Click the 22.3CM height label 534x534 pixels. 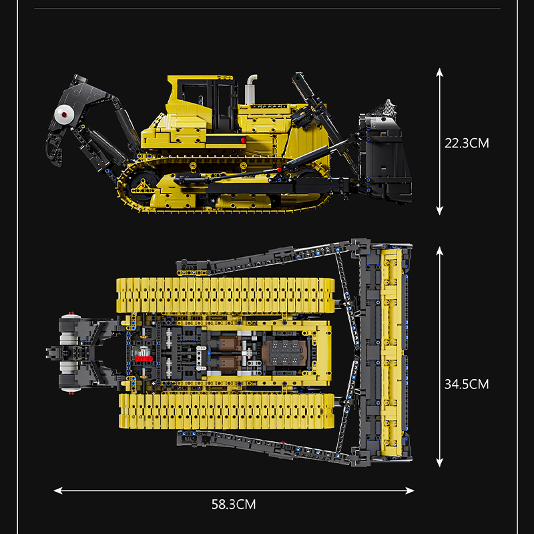tap(467, 143)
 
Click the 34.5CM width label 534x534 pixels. tap(467, 384)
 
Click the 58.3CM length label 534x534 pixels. tap(234, 505)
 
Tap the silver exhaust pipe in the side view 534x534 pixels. tap(251, 89)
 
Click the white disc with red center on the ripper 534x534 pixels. tap(64, 114)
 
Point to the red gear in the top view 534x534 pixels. tap(144, 358)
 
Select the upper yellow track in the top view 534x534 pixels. tap(226, 296)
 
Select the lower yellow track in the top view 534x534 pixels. tap(226, 411)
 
